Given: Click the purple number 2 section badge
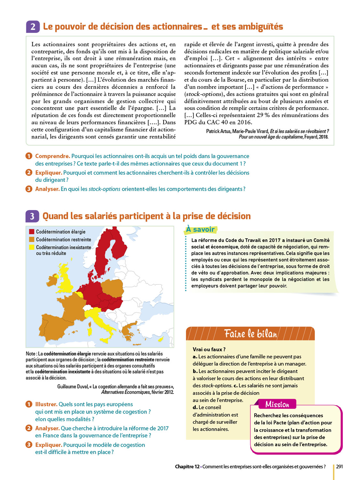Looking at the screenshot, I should (x=33, y=27).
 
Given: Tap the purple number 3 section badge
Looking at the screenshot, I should (x=32, y=216).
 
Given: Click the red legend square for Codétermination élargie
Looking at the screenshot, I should (x=32, y=232).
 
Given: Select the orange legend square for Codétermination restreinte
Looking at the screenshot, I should (x=32, y=239).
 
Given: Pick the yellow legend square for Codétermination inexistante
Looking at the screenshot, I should (x=32, y=247).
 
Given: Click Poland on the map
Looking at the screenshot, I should (x=112, y=288).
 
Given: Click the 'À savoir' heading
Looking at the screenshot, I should (x=201, y=229).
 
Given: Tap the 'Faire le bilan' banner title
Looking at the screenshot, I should (x=251, y=334).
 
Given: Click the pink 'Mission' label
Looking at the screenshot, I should (x=277, y=404).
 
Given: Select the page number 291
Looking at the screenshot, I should (x=340, y=467).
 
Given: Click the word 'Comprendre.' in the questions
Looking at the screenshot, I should (x=52, y=156).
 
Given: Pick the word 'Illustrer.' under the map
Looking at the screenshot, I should (x=46, y=404).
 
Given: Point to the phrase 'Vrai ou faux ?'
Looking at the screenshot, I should (x=209, y=349).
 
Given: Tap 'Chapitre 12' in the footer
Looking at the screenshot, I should (x=187, y=467).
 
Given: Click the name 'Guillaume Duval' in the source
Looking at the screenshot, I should (x=72, y=387).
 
